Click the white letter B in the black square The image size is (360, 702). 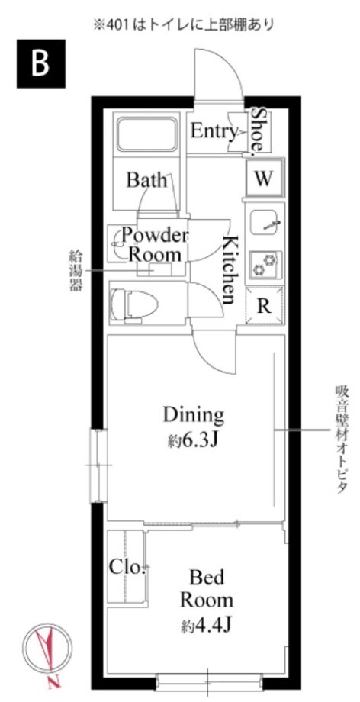40,64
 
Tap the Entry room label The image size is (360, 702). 214,131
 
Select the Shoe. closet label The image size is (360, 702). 258,130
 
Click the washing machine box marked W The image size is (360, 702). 264,179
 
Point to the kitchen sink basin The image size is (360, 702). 265,222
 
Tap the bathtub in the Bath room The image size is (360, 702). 146,134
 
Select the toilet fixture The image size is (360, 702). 134,306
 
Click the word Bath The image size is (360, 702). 146,180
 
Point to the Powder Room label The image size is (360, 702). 156,245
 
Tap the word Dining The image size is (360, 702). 193,415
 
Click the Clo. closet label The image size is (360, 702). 127,567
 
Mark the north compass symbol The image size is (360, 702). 48,649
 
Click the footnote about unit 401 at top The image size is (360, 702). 183,24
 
